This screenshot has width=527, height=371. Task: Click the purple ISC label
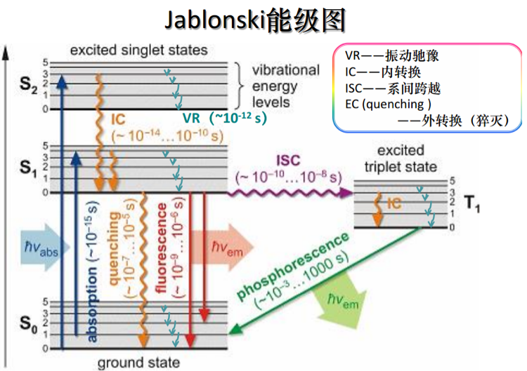click(x=289, y=161)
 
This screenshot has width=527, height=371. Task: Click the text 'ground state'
click(x=138, y=363)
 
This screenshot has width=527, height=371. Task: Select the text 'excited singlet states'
click(x=138, y=50)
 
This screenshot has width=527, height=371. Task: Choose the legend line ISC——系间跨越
click(x=394, y=89)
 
